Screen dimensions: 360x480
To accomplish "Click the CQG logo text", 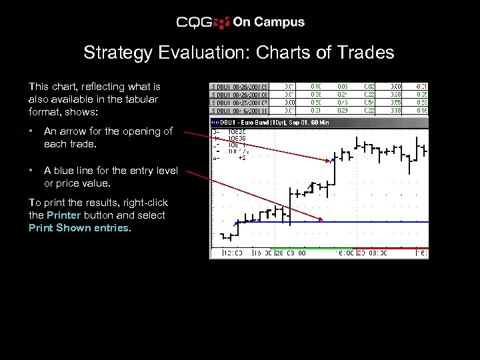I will [x=194, y=23].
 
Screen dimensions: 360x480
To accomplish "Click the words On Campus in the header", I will [x=268, y=22].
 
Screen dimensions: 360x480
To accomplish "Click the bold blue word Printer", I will [x=64, y=215].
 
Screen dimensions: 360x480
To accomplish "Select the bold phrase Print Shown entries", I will [x=79, y=228].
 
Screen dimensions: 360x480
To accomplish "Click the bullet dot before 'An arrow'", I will [x=31, y=131].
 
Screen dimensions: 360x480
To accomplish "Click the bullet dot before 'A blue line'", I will [x=31, y=171].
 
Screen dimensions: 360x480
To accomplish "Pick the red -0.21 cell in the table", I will [x=421, y=86].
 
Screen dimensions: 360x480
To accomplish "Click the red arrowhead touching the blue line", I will [x=321, y=220].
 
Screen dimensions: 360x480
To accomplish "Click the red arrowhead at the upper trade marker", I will [x=331, y=160].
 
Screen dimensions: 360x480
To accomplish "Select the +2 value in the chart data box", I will [x=242, y=158].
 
